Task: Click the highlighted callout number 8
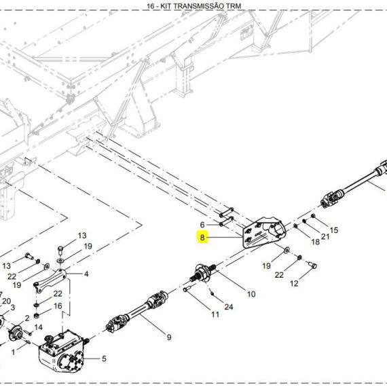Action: coord(202,238)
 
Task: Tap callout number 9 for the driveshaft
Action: coord(169,337)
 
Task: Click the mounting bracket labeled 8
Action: coord(263,232)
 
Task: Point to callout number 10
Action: coord(251,294)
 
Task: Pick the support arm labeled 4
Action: coord(50,280)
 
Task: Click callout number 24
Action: coord(229,307)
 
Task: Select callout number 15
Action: coord(333,230)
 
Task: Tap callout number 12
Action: coord(294,283)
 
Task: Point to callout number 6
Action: coord(202,225)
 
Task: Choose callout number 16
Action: coord(58,306)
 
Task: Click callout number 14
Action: coord(38,327)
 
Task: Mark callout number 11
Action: coord(215,314)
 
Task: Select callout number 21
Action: coord(325,237)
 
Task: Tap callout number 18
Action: coord(316,242)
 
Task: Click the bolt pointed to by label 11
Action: coord(187,289)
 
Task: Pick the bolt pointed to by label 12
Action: coord(313,265)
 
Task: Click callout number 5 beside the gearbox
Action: coord(104,358)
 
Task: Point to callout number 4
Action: coord(86,274)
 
